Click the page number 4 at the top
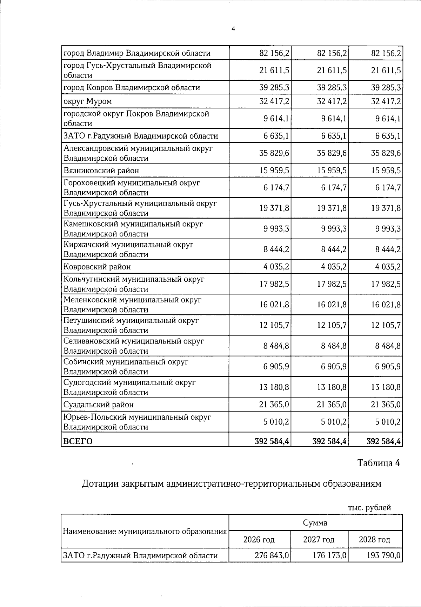tap(233, 29)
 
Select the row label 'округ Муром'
tap(87, 101)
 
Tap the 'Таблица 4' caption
tap(379, 463)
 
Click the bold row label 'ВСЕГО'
tap(78, 441)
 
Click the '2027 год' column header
tap(319, 539)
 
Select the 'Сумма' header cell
tap(315, 523)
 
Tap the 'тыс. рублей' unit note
tap(369, 508)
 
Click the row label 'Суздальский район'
tap(98, 405)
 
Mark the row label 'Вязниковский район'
tap(101, 171)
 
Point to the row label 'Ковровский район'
tap(97, 267)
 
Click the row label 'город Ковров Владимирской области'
tap(132, 87)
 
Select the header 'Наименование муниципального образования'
tap(145, 531)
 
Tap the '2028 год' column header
tap(374, 539)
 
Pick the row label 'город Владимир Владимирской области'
tap(137, 53)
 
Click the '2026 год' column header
tap(259, 539)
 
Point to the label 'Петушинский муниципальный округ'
tap(131, 320)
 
